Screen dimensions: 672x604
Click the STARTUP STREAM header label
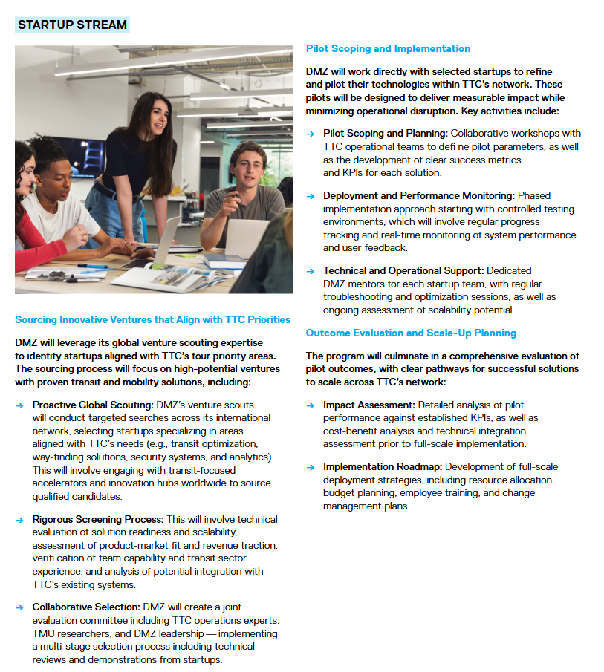point(72,25)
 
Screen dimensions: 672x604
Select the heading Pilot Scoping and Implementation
point(388,48)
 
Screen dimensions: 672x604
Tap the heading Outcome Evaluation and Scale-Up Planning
point(411,333)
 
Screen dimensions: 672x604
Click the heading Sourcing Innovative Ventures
point(152,319)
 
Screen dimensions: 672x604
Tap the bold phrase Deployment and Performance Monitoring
point(418,195)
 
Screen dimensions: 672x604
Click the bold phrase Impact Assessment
point(368,405)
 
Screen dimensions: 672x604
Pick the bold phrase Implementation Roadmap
point(382,466)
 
